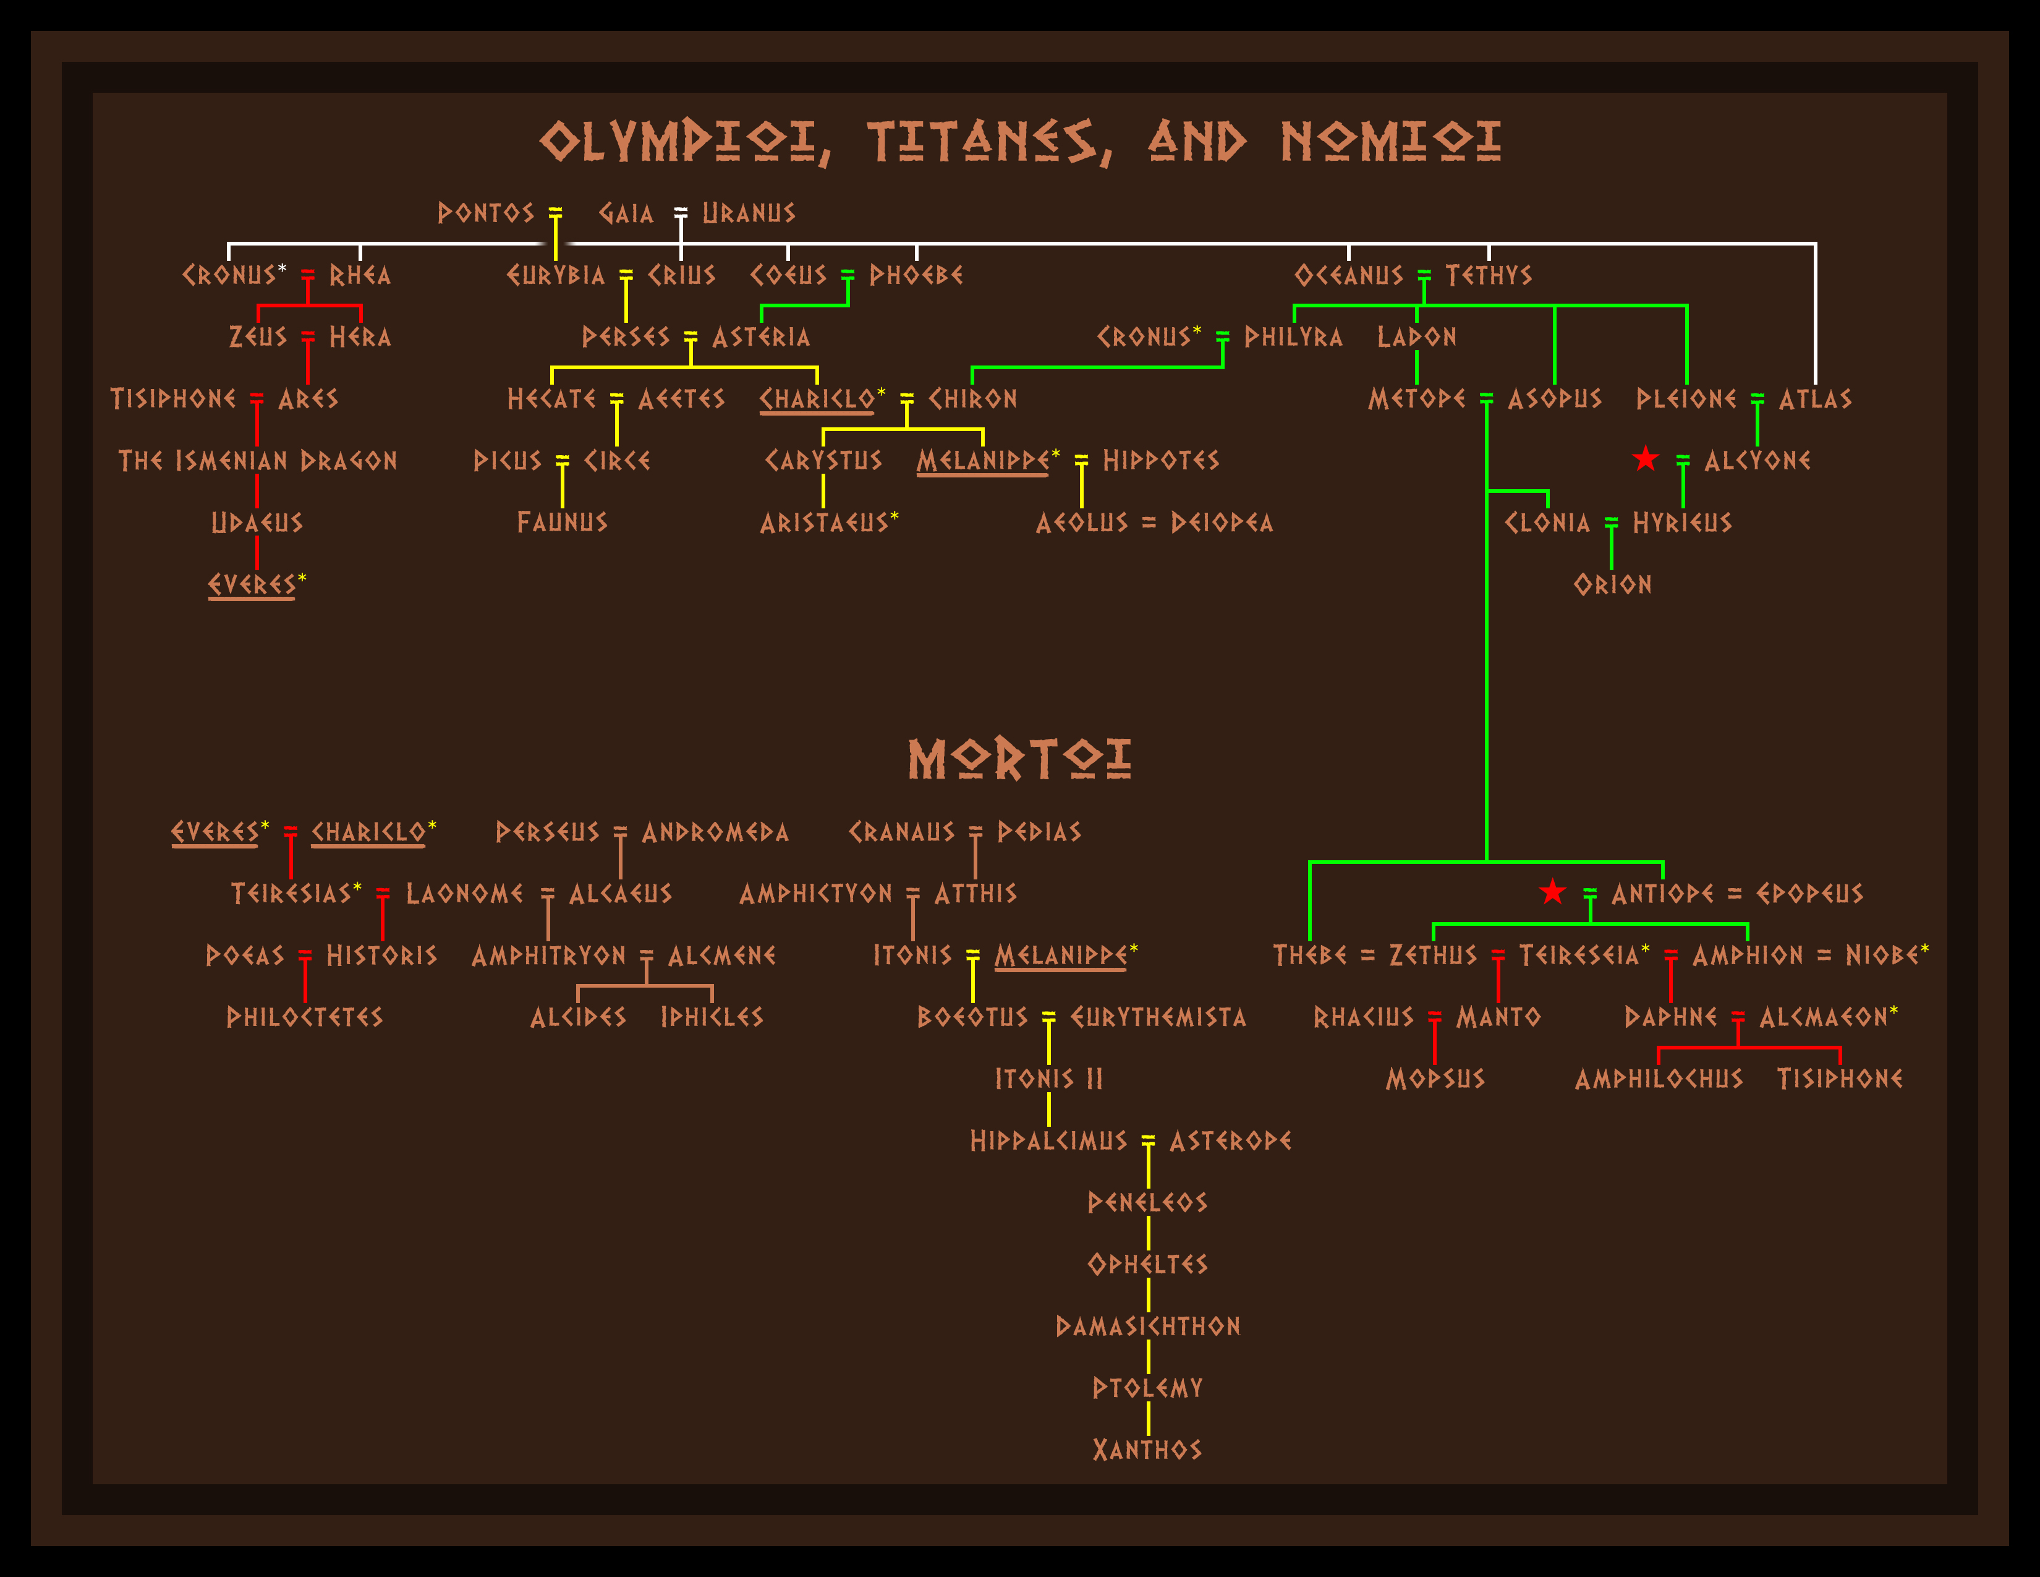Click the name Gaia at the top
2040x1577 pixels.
626,213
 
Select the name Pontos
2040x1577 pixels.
486,213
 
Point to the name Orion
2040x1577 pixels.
1612,585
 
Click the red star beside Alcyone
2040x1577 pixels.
1645,459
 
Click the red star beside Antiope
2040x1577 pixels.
1552,892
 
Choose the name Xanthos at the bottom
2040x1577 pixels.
1147,1450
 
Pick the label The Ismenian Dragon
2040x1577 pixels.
257,461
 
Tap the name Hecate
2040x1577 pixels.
551,399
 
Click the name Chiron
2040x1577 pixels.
972,399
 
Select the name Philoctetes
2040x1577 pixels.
305,1017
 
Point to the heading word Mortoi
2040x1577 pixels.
1019,759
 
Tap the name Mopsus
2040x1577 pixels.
1435,1079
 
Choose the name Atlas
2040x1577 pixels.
1815,399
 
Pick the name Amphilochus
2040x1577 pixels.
1658,1079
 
